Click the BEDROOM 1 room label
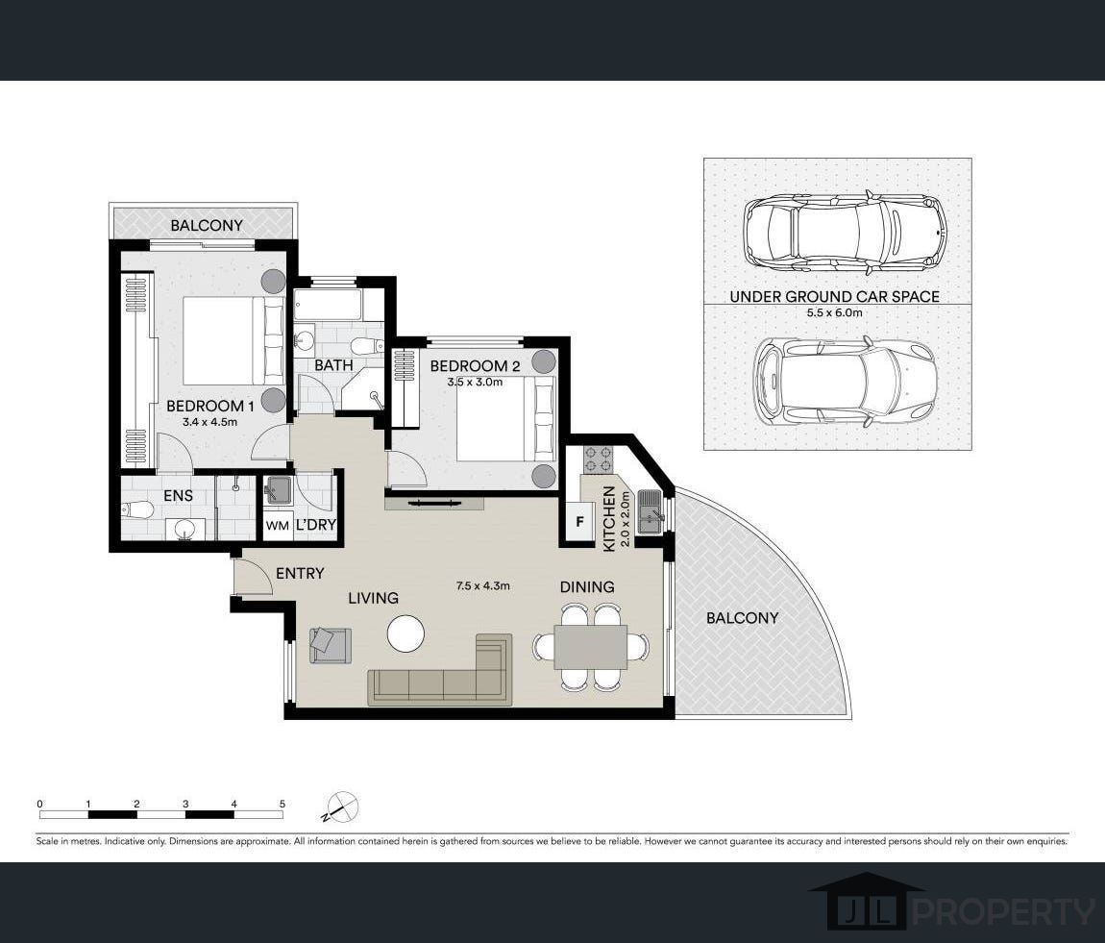tap(205, 406)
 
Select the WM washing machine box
tap(277, 526)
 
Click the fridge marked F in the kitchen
tap(578, 524)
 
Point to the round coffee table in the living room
tap(405, 633)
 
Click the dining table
tap(591, 647)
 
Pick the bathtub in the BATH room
tap(328, 307)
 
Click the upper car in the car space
tap(845, 231)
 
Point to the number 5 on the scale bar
tap(282, 803)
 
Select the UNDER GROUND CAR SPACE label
tap(834, 297)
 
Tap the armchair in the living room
tap(330, 644)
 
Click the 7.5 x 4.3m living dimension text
tap(482, 585)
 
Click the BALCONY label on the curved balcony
tap(742, 618)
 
